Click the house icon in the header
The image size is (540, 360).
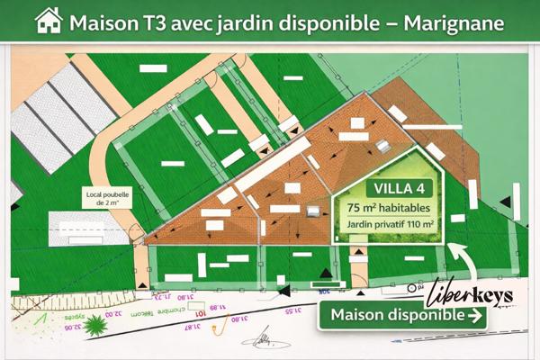tap(48, 20)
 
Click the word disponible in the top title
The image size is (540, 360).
tap(329, 21)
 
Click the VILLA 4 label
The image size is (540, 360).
tap(388, 189)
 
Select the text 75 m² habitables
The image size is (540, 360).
tap(388, 207)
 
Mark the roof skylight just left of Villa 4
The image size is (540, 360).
tap(314, 211)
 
